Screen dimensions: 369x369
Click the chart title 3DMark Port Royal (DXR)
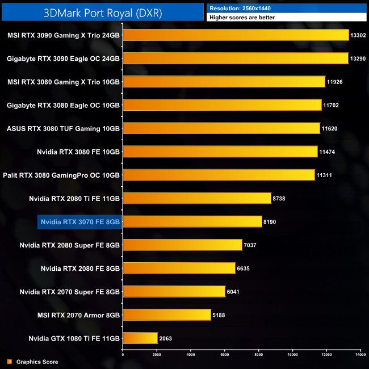(x=103, y=12)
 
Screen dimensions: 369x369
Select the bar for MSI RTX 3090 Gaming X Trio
(x=236, y=35)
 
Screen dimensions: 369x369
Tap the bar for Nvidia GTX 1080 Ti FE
(x=140, y=338)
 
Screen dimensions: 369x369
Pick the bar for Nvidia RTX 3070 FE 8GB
(x=192, y=221)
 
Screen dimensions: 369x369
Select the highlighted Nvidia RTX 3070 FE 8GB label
(x=79, y=221)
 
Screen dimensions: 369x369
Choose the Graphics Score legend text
(x=37, y=362)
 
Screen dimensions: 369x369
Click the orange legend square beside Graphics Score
(x=9, y=362)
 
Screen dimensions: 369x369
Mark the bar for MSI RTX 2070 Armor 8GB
(x=167, y=315)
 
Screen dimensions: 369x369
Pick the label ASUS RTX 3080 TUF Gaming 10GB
(x=64, y=128)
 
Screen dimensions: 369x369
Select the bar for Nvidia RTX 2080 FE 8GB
(x=179, y=268)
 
